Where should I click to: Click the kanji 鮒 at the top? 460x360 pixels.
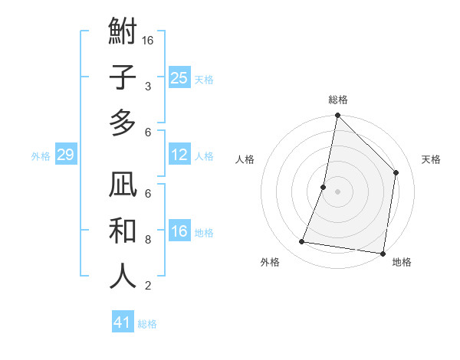click(x=123, y=33)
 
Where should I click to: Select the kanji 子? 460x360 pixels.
click(x=123, y=78)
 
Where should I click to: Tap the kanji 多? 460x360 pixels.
click(x=123, y=123)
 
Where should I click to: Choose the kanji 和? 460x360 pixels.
click(x=123, y=231)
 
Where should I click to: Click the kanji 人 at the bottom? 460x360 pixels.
click(x=123, y=277)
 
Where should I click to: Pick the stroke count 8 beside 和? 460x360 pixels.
click(x=148, y=239)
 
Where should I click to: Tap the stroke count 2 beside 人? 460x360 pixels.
click(x=148, y=285)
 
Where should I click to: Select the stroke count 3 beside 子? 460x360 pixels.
click(x=148, y=86)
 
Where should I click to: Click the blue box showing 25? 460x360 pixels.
click(x=179, y=77)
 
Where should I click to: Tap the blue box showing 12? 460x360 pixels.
click(x=179, y=155)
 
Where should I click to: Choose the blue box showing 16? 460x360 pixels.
click(x=179, y=231)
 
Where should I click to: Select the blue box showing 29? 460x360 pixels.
click(x=65, y=155)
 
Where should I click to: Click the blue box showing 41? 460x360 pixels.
click(x=123, y=322)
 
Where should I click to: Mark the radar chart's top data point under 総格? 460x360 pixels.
click(x=337, y=116)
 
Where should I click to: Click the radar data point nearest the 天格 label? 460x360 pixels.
click(x=396, y=172)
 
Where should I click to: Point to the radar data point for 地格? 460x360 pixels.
click(x=383, y=253)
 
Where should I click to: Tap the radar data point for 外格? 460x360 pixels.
click(x=302, y=242)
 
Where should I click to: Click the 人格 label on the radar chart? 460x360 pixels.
click(x=245, y=160)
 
